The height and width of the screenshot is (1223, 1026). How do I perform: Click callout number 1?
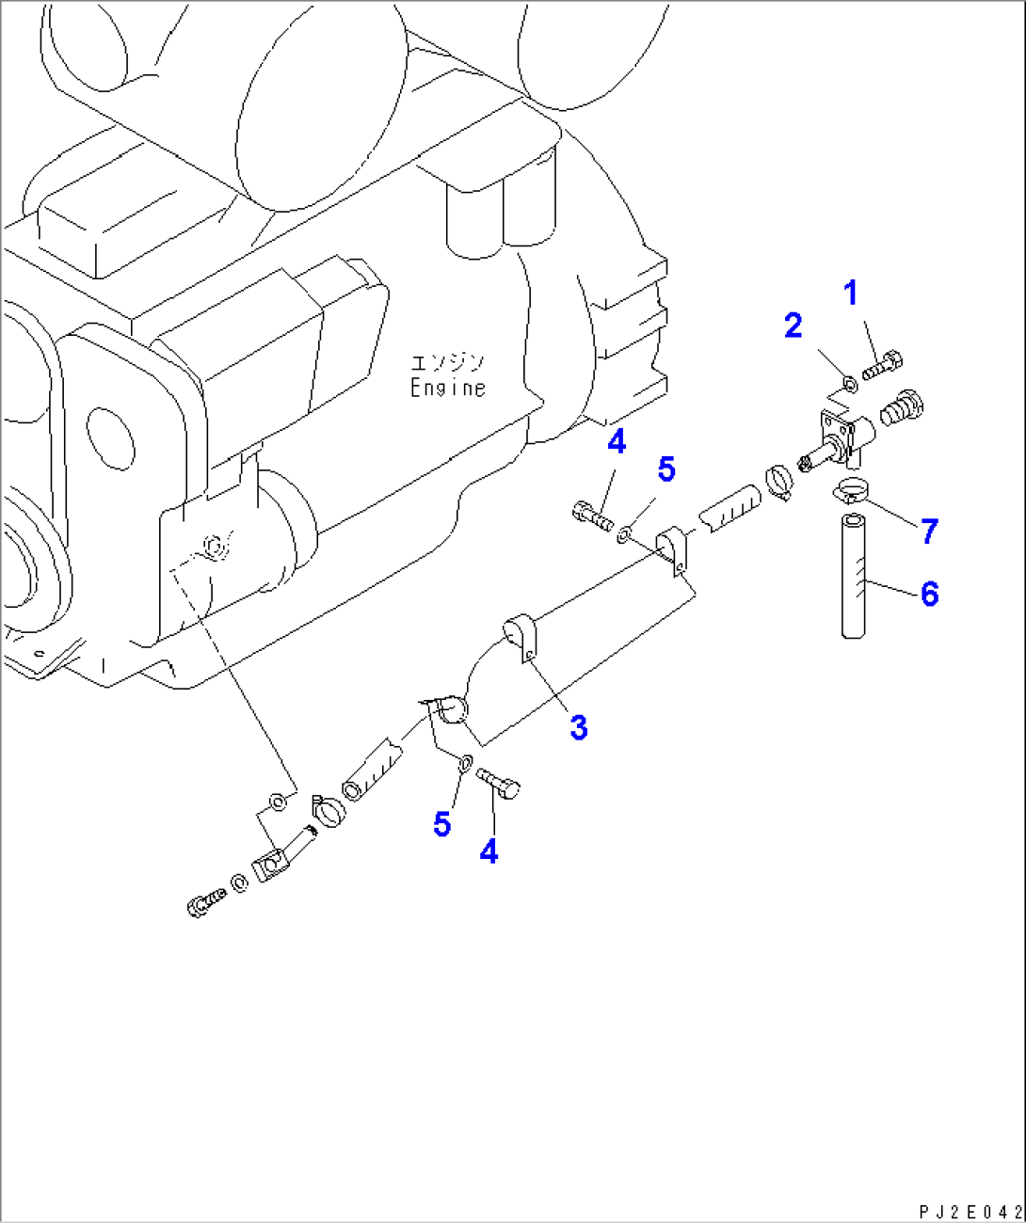[x=851, y=294]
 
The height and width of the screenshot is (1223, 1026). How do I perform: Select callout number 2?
[x=794, y=326]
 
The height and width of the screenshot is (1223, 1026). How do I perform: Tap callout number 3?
[x=579, y=727]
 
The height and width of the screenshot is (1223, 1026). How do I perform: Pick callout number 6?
[x=930, y=594]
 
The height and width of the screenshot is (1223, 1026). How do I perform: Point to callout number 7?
[x=930, y=532]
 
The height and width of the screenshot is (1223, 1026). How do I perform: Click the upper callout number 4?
[x=617, y=441]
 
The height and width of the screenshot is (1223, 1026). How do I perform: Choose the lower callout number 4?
[x=489, y=851]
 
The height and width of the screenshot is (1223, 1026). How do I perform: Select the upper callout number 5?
[x=666, y=469]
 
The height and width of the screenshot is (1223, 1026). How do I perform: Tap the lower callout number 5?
[x=442, y=824]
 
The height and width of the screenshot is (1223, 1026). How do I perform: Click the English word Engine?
[x=448, y=388]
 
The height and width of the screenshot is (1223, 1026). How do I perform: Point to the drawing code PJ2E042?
[x=970, y=1212]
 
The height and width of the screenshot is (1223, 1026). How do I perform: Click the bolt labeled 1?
[x=883, y=364]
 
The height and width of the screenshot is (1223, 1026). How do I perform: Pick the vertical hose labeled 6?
[x=854, y=577]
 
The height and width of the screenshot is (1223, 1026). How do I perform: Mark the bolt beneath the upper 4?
[x=592, y=516]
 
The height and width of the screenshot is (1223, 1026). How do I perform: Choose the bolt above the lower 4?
[x=499, y=782]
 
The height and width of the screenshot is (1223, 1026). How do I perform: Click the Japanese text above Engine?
[x=448, y=362]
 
